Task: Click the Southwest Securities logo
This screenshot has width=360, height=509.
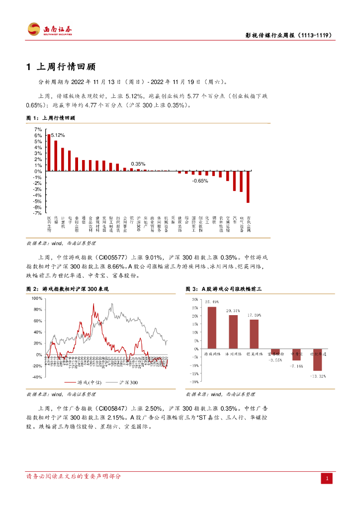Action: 50,29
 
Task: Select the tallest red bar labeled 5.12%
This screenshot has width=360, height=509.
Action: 49,153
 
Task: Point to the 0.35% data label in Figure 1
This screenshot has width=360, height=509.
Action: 138,164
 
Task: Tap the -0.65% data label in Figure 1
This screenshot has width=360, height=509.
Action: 200,181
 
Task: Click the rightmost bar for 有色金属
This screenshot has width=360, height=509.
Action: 248,187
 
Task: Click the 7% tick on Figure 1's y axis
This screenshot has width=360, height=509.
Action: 38,129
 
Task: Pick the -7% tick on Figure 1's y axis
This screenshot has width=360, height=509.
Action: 38,213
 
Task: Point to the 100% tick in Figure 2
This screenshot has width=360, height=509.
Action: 37,298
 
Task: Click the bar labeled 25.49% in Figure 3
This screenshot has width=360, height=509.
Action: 212,328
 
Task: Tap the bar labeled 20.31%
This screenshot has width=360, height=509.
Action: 233,332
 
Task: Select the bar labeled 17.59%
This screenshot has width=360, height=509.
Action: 254,334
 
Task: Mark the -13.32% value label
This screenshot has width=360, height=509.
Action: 317,376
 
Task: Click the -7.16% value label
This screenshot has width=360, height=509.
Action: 296,366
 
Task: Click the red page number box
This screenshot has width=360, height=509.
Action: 327,478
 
